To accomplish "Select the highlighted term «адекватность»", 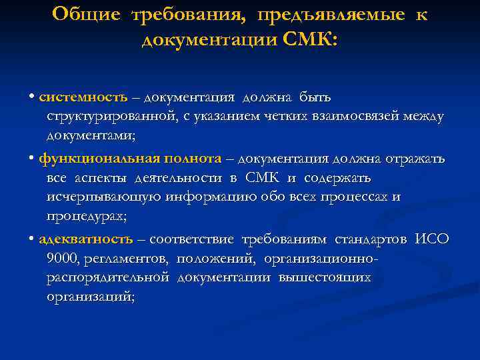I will click(x=86, y=239).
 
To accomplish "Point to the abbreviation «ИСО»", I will click(x=432, y=239).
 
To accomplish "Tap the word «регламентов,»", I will click(x=117, y=258).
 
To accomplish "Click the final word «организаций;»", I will click(x=91, y=297).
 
